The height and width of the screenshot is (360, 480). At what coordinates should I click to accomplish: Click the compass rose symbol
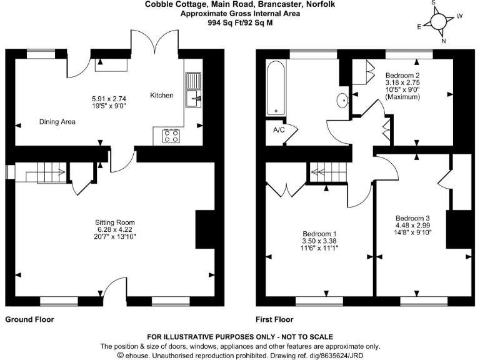point(440,22)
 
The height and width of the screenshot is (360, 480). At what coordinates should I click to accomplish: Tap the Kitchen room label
point(161,96)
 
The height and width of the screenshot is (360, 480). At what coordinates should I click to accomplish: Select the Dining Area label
point(57,122)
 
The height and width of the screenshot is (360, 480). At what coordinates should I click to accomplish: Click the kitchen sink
point(193,89)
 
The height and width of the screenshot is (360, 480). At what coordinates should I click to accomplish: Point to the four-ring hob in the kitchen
point(171,136)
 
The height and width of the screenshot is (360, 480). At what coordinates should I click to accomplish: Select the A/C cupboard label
point(279,131)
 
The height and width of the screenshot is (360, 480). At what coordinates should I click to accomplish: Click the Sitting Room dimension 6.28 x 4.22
point(114,229)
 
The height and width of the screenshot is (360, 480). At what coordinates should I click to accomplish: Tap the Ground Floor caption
point(29,319)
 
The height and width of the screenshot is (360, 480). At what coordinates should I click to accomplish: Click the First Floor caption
point(274,319)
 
